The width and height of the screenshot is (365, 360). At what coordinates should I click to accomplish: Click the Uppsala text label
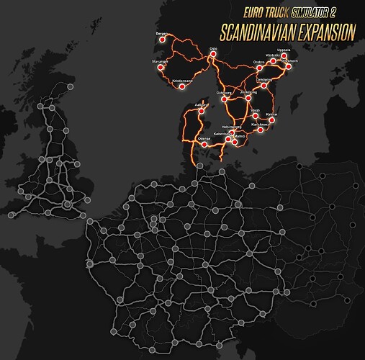283,50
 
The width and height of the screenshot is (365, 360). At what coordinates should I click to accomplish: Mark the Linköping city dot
264,85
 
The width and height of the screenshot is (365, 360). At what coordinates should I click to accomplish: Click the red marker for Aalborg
201,110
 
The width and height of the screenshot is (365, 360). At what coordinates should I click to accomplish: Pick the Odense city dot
204,144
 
